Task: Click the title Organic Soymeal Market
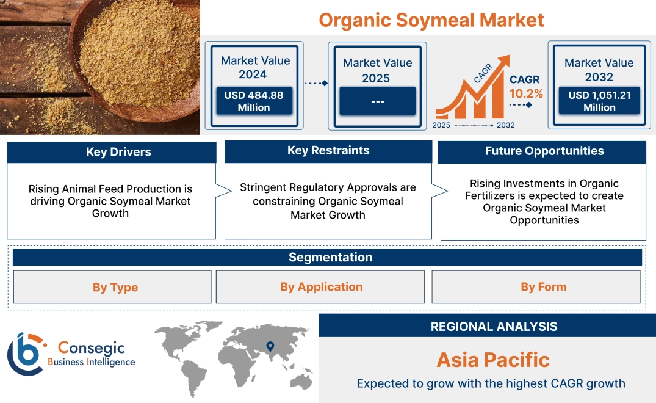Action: coord(431,20)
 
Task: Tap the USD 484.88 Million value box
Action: coord(254,101)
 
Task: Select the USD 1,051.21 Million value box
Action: coord(599,101)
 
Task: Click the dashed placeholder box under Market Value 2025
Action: coord(377,101)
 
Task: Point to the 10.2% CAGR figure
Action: coord(526,94)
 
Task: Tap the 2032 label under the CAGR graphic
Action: coord(505,125)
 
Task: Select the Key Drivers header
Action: coord(118,152)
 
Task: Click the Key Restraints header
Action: coord(328,151)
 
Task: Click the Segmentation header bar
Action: coord(330,257)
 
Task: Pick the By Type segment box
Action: coord(115,288)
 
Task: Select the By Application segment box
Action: coord(321,287)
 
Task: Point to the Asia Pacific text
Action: coord(493,360)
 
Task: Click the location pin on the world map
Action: coord(269,347)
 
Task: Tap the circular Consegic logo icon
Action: coord(24,354)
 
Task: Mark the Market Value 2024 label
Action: coord(255,67)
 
